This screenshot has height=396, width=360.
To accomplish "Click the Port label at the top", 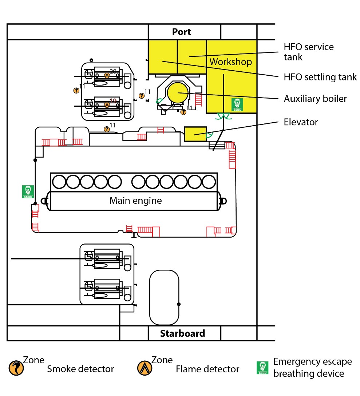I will point(181,32).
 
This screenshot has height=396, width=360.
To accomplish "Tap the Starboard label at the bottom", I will point(182,333).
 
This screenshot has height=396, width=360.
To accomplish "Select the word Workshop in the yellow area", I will point(230,62).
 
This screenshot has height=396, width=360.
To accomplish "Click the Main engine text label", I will point(135,201).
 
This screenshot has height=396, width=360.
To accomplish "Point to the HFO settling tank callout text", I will point(320,77).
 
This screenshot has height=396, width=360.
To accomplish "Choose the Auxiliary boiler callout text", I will point(315,99).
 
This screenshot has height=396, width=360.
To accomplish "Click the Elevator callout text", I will point(301,122).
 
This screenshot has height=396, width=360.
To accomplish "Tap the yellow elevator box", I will point(195,134).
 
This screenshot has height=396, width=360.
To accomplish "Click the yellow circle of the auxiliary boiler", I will point(178,92).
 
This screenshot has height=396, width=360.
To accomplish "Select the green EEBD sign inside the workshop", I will point(238,104).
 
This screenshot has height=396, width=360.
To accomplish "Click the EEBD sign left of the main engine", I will point(28,191).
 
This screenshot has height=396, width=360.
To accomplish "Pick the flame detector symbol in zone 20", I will point(107,75).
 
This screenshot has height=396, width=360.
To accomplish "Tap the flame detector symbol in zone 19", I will point(107,104).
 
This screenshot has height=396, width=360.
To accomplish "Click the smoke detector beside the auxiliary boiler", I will point(183,112).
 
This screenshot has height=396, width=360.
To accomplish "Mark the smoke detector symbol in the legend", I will point(16,368).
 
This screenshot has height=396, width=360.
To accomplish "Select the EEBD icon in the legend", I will point(262,368).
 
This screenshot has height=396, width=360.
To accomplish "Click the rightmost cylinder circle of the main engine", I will point(209,182).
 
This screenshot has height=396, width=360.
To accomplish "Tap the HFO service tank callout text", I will point(308,52).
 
